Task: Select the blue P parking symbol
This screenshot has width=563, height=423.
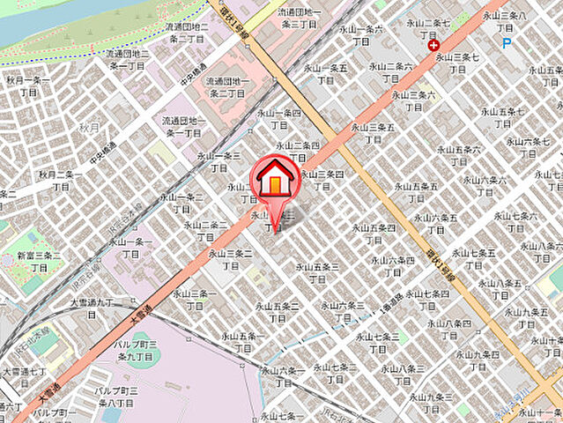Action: click(x=507, y=42)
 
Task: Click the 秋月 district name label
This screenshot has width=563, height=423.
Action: click(x=90, y=127)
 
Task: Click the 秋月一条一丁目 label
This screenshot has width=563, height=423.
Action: click(x=28, y=85)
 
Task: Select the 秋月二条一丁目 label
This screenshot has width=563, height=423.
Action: click(x=60, y=181)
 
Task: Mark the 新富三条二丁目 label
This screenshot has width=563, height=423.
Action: click(x=40, y=260)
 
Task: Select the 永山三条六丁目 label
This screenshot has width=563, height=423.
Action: click(x=413, y=100)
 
